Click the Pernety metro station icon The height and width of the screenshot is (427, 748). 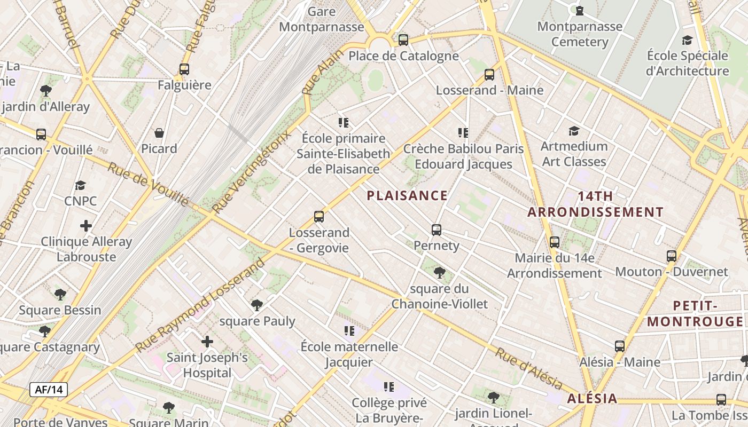437,230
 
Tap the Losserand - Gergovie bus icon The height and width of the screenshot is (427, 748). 319,217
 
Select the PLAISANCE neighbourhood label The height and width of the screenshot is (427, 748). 407,195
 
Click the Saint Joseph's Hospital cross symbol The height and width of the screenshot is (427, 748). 207,342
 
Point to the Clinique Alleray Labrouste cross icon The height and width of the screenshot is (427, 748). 86,226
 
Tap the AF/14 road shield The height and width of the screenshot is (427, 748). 49,390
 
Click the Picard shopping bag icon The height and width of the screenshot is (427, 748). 159,133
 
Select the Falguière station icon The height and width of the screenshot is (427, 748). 184,69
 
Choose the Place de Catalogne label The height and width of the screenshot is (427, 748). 403,56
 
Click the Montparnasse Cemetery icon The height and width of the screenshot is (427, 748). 580,11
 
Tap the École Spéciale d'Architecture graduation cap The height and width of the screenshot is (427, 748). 687,40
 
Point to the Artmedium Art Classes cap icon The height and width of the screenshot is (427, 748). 574,131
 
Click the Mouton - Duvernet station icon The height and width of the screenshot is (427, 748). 672,256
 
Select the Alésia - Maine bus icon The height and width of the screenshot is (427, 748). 620,346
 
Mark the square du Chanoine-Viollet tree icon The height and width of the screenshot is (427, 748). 440,273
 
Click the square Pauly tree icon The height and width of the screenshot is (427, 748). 257,305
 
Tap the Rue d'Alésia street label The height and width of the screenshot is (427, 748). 528,368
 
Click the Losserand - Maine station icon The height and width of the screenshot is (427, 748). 489,75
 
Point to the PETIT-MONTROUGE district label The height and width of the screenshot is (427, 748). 695,313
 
